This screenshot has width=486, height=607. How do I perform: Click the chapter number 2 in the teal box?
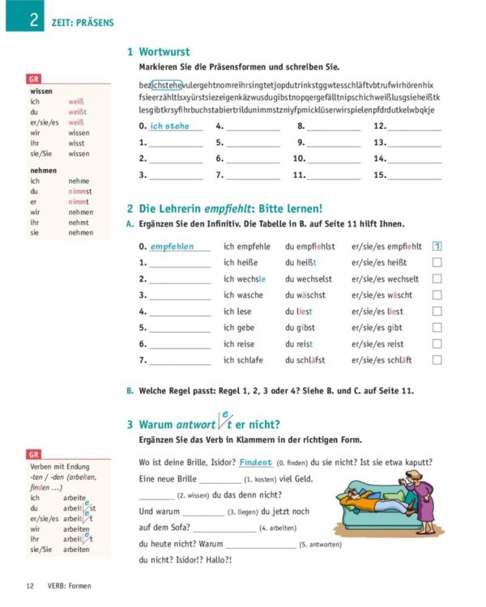[34, 19]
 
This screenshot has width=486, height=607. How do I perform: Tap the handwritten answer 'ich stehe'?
[169, 126]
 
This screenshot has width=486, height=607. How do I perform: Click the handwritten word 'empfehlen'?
[172, 247]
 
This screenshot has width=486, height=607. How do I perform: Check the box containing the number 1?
[437, 247]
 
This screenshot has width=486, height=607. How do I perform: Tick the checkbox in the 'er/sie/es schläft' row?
[437, 360]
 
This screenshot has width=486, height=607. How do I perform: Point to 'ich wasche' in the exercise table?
[243, 295]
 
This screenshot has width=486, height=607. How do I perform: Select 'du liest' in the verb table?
[299, 312]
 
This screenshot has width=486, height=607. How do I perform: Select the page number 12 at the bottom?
[30, 586]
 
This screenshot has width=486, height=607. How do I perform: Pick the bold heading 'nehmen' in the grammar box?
[43, 171]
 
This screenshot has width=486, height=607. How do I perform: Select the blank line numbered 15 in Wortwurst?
[415, 175]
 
